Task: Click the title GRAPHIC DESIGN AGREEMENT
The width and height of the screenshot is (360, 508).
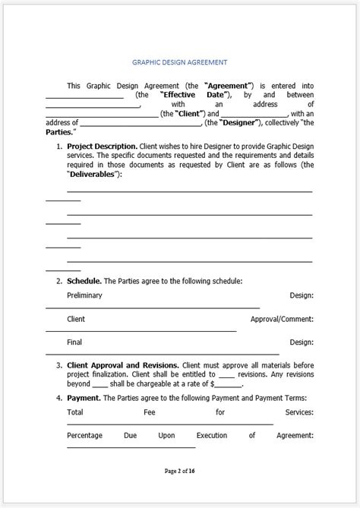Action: point(180,63)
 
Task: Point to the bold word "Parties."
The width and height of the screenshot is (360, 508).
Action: point(60,131)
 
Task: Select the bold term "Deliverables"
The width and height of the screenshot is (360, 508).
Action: point(94,173)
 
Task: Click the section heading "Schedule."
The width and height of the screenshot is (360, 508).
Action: point(84,280)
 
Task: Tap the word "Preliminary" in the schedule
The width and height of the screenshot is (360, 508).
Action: point(84,295)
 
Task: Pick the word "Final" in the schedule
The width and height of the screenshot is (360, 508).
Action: point(74,342)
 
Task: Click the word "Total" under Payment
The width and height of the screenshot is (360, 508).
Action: point(75,412)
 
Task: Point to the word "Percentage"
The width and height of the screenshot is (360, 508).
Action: point(85,435)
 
